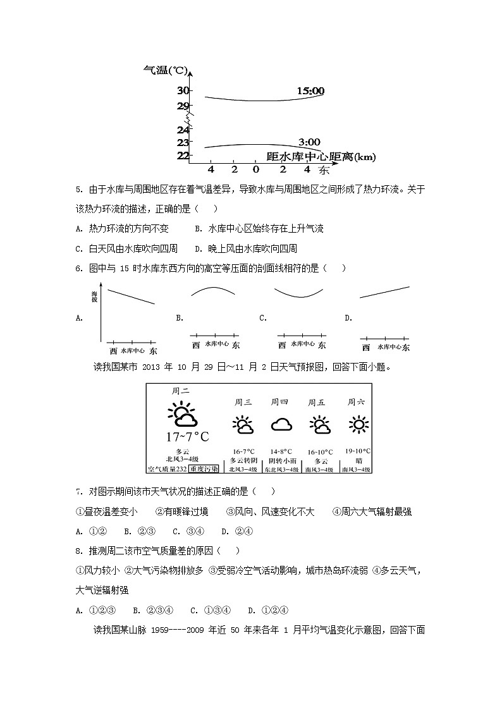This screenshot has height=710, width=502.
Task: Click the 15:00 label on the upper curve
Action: (310, 91)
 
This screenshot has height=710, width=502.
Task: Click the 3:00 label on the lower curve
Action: (309, 142)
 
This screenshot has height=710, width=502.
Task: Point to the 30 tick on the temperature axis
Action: (183, 91)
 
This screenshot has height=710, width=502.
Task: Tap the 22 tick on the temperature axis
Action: (183, 156)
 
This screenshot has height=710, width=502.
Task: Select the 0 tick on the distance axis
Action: (255, 169)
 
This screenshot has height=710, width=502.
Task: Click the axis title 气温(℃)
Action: (163, 70)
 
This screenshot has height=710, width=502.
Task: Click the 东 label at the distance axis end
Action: (324, 170)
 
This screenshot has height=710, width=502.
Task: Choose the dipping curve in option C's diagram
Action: (301, 293)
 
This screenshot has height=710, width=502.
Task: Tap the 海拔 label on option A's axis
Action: (95, 296)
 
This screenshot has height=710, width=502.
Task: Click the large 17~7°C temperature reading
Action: (187, 437)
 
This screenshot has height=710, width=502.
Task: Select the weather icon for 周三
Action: (243, 425)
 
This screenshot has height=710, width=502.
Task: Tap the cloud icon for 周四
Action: (281, 424)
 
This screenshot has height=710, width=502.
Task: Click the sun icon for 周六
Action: (358, 424)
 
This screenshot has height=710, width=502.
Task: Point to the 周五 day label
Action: (316, 402)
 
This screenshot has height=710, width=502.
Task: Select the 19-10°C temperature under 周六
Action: (357, 451)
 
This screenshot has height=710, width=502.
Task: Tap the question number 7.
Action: (78, 491)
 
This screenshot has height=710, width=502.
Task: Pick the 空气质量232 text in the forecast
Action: (168, 469)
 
